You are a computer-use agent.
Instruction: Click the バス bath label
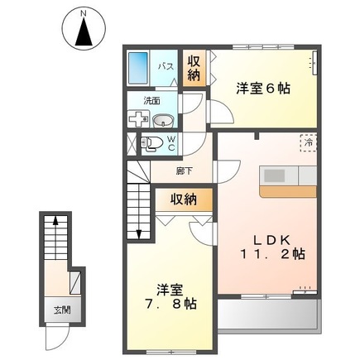click(166, 66)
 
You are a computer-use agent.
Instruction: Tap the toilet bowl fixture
click(150, 144)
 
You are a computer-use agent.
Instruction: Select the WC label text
click(171, 143)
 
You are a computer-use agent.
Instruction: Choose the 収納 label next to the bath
click(193, 68)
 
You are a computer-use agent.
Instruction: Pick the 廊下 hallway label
click(185, 171)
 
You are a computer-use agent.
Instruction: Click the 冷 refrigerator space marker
click(307, 142)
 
